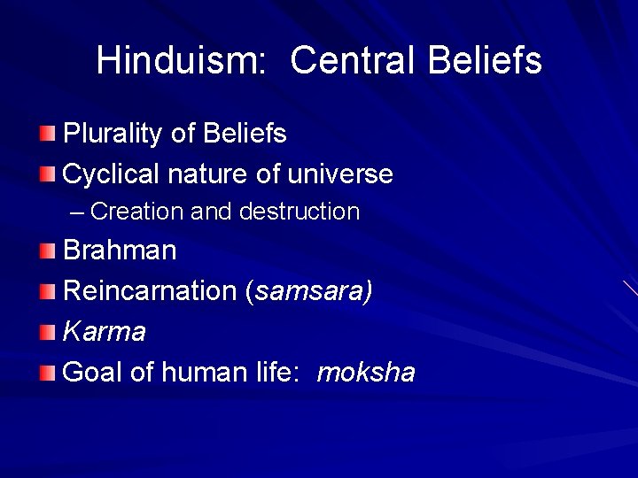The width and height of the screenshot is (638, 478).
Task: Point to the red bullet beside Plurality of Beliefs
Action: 47,134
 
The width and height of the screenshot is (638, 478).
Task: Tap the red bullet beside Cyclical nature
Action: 47,173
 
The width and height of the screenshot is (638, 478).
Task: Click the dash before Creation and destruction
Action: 77,212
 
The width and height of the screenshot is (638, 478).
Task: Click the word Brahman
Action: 120,251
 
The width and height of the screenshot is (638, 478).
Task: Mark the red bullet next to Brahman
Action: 47,251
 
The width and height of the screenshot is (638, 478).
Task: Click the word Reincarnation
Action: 151,291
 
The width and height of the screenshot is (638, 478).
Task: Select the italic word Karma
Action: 105,332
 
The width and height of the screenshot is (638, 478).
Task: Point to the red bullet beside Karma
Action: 47,332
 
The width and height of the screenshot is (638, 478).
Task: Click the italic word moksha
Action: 365,373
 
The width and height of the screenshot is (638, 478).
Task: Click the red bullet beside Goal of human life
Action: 47,373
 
